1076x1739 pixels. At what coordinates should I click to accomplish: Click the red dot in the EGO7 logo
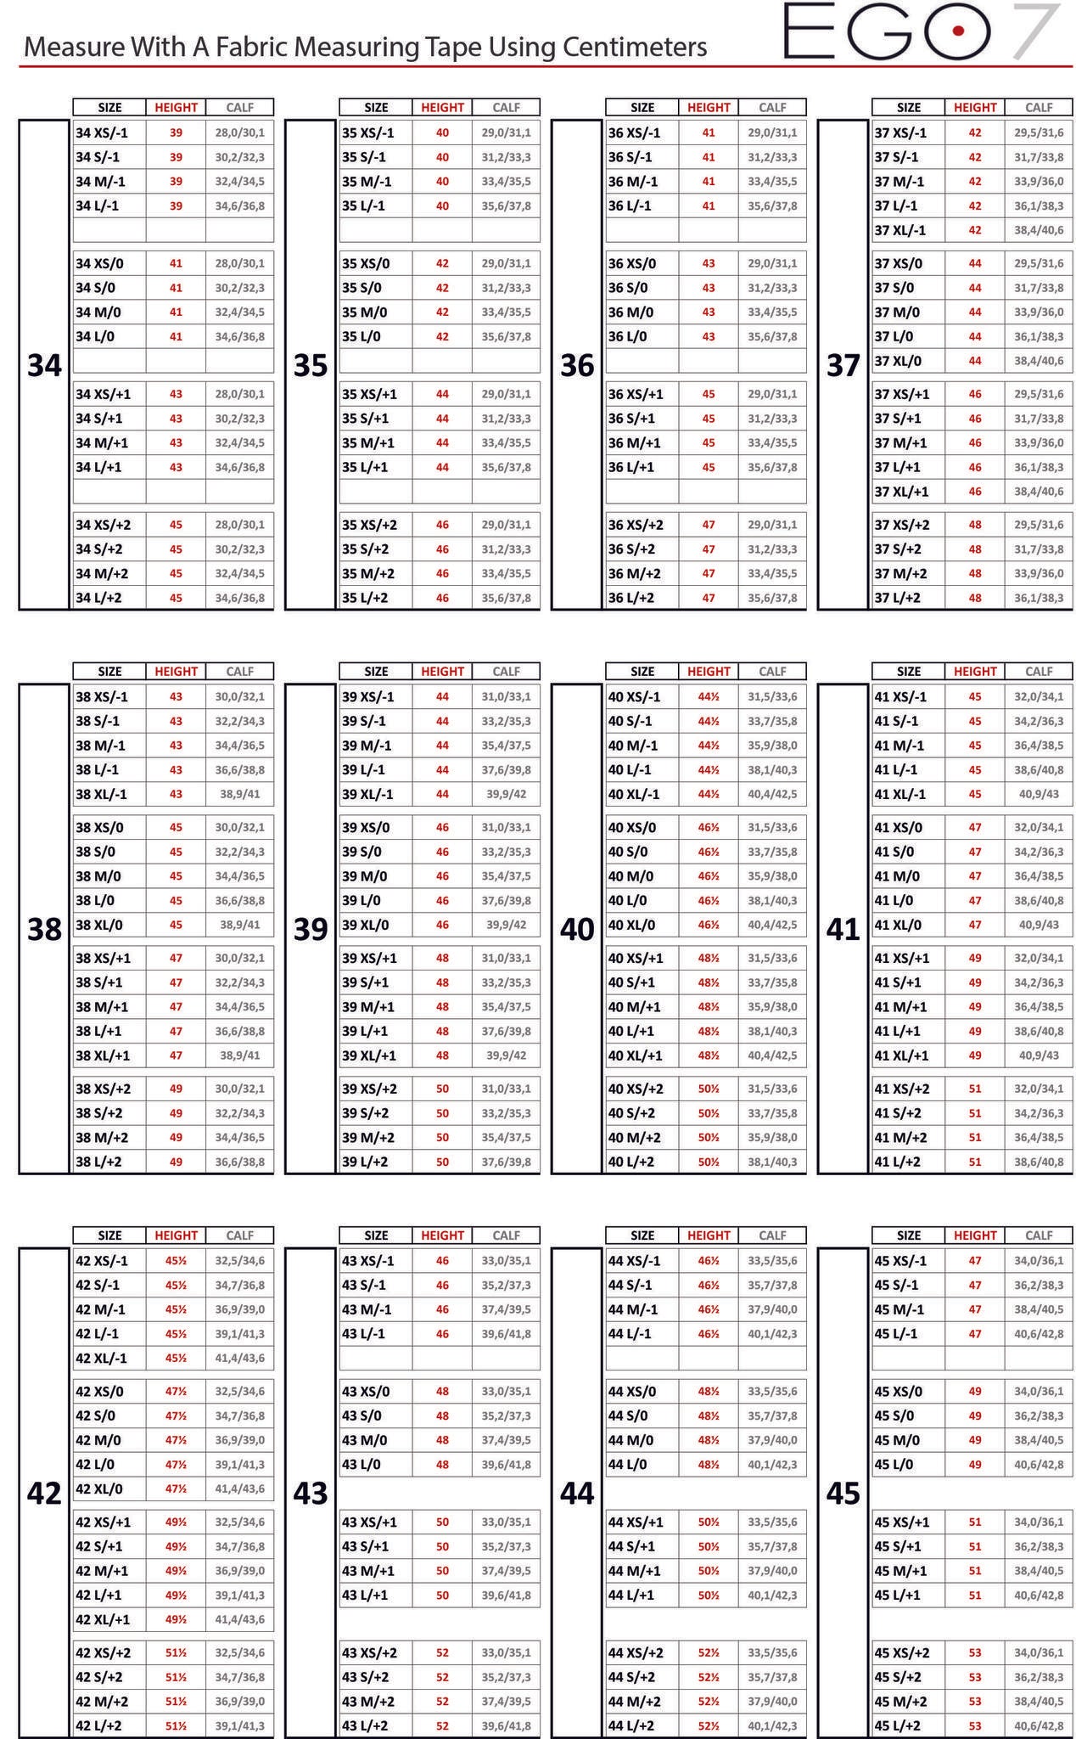[957, 31]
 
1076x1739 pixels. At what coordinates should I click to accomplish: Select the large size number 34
[44, 365]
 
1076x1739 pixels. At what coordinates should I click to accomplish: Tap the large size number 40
[577, 929]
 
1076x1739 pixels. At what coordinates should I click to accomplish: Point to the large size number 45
[843, 1493]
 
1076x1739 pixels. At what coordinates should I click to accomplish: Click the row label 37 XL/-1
[900, 230]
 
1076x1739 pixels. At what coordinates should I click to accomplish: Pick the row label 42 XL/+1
[104, 1619]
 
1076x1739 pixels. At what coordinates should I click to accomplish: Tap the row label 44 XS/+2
[636, 1652]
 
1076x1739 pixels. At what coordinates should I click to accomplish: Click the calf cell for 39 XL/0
[507, 925]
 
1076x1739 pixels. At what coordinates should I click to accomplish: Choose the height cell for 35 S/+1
[442, 419]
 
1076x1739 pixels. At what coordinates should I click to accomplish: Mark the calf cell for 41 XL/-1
[1039, 794]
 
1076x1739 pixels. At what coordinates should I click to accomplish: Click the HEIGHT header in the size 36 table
[709, 108]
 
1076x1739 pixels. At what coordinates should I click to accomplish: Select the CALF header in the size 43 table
[507, 1235]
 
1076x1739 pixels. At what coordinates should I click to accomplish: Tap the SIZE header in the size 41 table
[908, 672]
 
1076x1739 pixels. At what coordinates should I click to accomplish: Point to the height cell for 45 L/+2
[975, 1725]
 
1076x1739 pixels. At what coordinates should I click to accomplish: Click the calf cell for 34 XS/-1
[239, 132]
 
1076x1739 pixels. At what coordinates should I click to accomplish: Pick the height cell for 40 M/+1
[709, 1007]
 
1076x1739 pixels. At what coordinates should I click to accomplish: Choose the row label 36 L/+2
[631, 598]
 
